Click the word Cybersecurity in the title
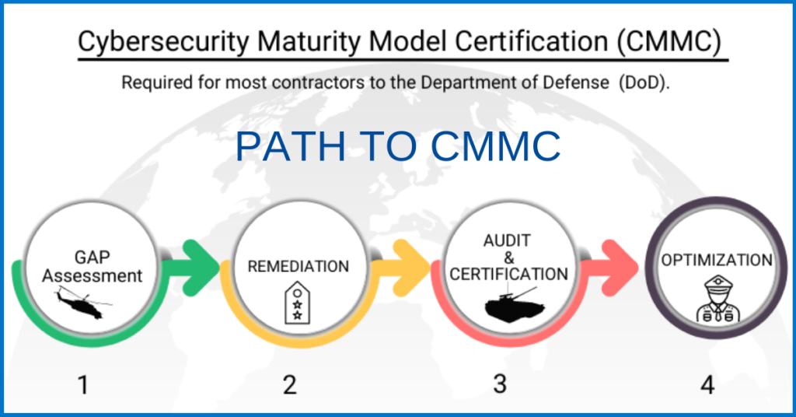(163, 41)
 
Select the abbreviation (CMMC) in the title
(669, 41)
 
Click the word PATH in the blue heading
(291, 146)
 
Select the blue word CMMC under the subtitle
(495, 146)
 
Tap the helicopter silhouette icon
(82, 303)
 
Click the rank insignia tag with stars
(298, 303)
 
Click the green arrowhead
(201, 268)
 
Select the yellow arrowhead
(411, 268)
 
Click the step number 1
(83, 384)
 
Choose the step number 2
(290, 384)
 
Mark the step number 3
(500, 384)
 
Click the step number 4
(707, 384)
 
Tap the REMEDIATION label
(298, 266)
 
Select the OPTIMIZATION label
(716, 260)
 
